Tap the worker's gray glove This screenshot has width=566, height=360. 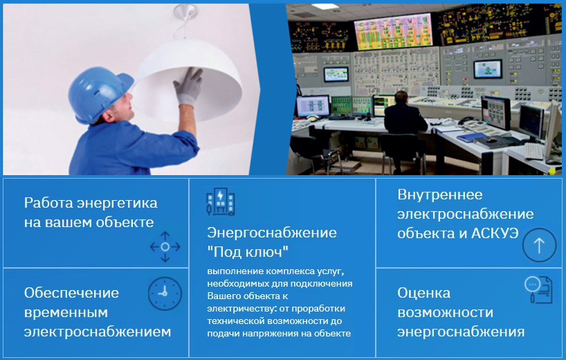point(188,87)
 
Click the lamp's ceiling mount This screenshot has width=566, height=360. point(185,12)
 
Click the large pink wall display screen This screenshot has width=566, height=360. point(393,31)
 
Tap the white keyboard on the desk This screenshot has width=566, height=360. point(533,151)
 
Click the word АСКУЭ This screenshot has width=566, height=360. point(495,233)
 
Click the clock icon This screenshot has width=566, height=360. point(165,294)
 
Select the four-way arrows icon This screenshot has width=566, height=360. point(165,246)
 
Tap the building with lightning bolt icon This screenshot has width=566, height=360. point(220,201)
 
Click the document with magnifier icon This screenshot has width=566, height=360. point(538,289)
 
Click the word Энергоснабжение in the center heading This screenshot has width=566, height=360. point(272,232)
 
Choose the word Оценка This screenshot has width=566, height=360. point(423,292)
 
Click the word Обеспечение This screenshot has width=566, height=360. point(71,292)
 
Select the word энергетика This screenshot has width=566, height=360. point(118,203)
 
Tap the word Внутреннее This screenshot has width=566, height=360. point(439,195)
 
